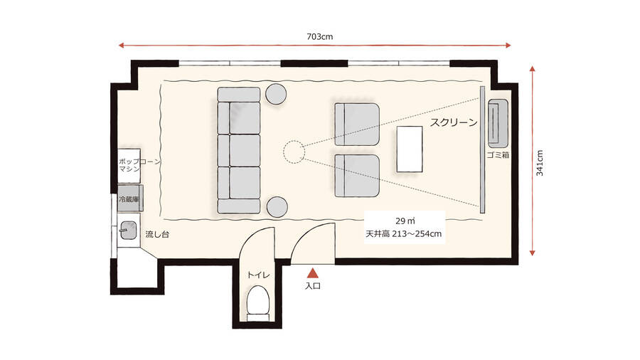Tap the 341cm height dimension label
540,162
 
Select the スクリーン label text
453,122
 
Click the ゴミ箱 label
498,154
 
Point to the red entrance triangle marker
313,272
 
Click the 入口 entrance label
313,285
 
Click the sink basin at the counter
129,230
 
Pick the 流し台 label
156,233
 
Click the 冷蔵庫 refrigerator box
132,198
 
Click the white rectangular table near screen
410,149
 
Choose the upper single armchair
356,122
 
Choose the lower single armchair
356,176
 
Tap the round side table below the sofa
276,207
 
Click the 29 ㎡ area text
403,219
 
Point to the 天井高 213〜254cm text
403,234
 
